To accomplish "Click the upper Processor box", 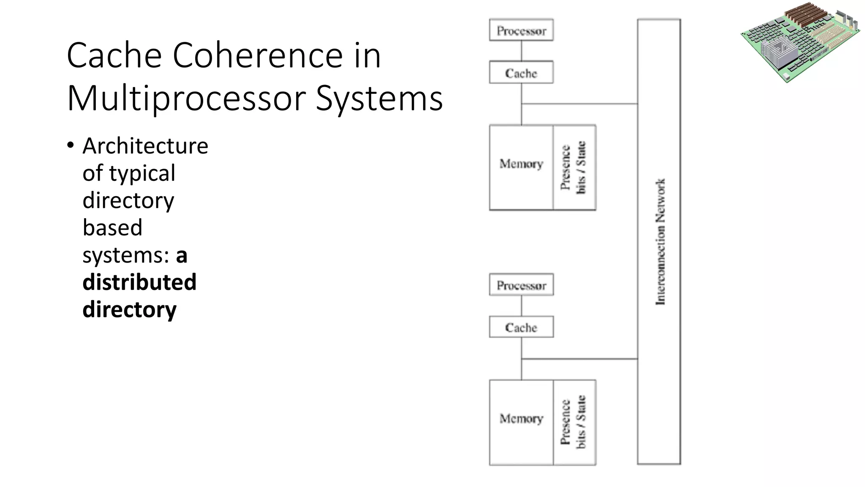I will click(521, 30).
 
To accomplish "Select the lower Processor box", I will click(521, 285).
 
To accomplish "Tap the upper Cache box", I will click(521, 73).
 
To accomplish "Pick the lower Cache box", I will click(521, 327).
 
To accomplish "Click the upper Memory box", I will click(521, 167).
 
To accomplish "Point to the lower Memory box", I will click(521, 422).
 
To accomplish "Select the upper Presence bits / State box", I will click(574, 167).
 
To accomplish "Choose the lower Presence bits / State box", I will click(574, 422).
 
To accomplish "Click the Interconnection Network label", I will click(660, 241).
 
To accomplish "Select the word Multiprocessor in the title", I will click(186, 98).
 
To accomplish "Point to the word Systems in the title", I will click(379, 98).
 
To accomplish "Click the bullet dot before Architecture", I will click(70, 145).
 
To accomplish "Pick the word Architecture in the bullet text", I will click(145, 146).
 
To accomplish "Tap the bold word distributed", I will click(139, 282).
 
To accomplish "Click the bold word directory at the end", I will click(129, 309).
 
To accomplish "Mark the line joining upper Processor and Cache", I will click(522, 51).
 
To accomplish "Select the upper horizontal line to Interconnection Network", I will click(579, 104).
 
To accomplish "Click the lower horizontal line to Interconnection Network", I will click(579, 359).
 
